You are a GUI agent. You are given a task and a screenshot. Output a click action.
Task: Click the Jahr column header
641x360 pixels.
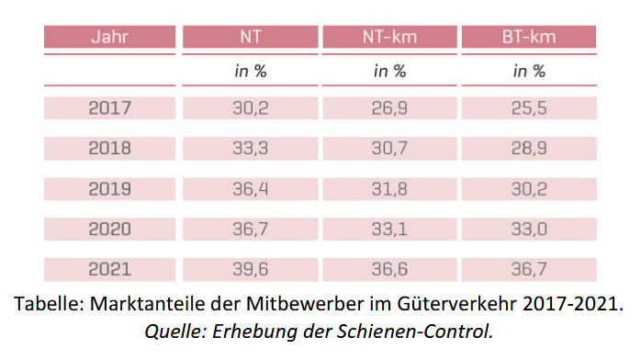coord(110,38)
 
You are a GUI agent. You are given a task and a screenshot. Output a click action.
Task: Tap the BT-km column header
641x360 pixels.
coord(528,38)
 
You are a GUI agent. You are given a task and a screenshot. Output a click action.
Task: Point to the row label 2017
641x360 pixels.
coord(110,107)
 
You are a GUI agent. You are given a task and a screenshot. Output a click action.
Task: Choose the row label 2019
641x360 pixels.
coord(110,188)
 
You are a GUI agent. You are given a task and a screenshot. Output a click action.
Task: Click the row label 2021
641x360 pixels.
coord(110,269)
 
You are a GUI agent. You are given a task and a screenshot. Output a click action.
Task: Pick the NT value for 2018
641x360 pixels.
coord(250,148)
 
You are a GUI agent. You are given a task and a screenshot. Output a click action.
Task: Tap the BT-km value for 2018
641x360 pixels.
coord(528,148)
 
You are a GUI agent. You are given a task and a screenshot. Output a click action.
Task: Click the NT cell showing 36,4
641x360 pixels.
coord(250,188)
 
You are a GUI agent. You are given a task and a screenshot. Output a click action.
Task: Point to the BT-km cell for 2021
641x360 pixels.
coord(528,269)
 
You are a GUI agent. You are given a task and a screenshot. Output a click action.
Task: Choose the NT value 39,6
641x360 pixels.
coord(250,269)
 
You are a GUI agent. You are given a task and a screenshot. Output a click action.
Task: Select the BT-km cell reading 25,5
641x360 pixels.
coord(528,107)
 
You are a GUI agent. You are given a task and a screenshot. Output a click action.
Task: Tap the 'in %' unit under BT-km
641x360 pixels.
coord(528,71)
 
